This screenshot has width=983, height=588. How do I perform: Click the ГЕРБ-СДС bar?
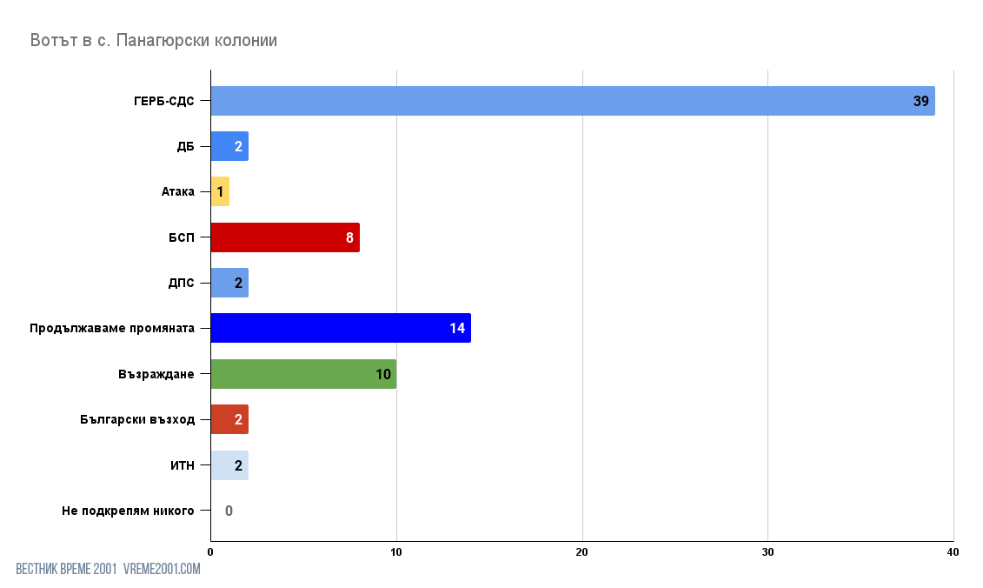coord(572,101)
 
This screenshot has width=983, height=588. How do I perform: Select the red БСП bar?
coord(284,237)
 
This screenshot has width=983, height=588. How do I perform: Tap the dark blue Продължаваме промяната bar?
coord(340,328)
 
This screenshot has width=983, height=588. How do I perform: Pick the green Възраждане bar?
coord(302,374)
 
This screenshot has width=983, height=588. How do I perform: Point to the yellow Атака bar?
coord(220,191)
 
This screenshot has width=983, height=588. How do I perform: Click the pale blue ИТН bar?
coord(229,465)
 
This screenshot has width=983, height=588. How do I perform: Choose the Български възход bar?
coord(229,419)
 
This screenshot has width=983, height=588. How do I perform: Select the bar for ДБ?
coord(229,146)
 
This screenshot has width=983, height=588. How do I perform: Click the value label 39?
coord(920,102)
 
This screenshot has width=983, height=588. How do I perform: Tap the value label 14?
coord(457,329)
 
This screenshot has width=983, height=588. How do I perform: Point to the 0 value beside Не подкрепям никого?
coord(229,511)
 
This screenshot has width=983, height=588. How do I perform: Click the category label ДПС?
coord(181,283)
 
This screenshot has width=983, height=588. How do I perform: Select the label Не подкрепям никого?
coord(128,511)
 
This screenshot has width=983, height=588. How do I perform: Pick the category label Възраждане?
coord(156,374)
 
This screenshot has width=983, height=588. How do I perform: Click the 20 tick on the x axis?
coord(582,552)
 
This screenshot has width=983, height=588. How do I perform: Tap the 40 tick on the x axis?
coord(953,552)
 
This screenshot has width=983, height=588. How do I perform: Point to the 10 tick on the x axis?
coord(396,552)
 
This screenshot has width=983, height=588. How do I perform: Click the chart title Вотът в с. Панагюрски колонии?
coord(154,40)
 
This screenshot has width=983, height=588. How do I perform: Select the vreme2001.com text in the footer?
coord(162,569)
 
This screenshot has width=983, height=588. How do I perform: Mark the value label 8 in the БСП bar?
coord(349,238)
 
